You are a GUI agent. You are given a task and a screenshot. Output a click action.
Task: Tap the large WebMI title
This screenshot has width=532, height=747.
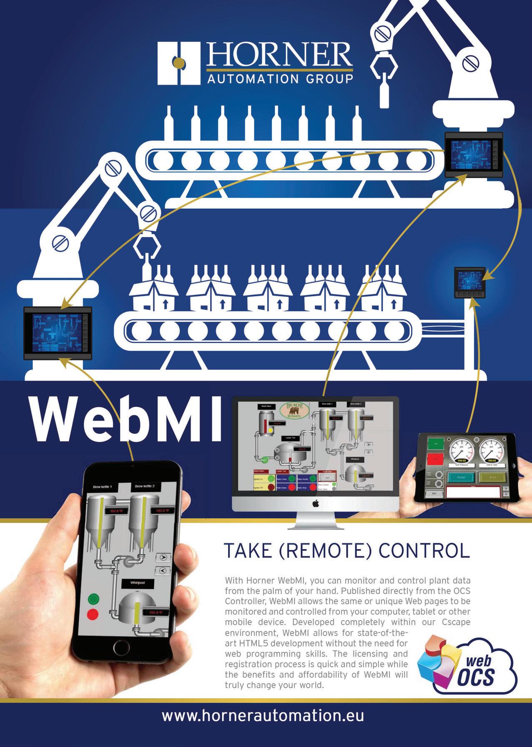coord(125,419)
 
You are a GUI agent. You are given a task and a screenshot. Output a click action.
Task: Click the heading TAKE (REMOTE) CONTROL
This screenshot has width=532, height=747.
coord(347,551)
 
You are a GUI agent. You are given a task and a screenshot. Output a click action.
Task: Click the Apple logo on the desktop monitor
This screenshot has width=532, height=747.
coord(316,504)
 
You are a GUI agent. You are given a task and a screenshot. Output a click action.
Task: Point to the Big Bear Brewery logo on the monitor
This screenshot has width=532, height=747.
coord(297,411)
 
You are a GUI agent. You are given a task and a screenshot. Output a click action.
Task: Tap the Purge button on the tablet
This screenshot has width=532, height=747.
coord(461,477)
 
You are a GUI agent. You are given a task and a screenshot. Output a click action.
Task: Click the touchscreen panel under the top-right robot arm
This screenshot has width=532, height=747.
coord(474,154)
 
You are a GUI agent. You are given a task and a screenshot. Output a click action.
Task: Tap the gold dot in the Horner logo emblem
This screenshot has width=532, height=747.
coord(179,63)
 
